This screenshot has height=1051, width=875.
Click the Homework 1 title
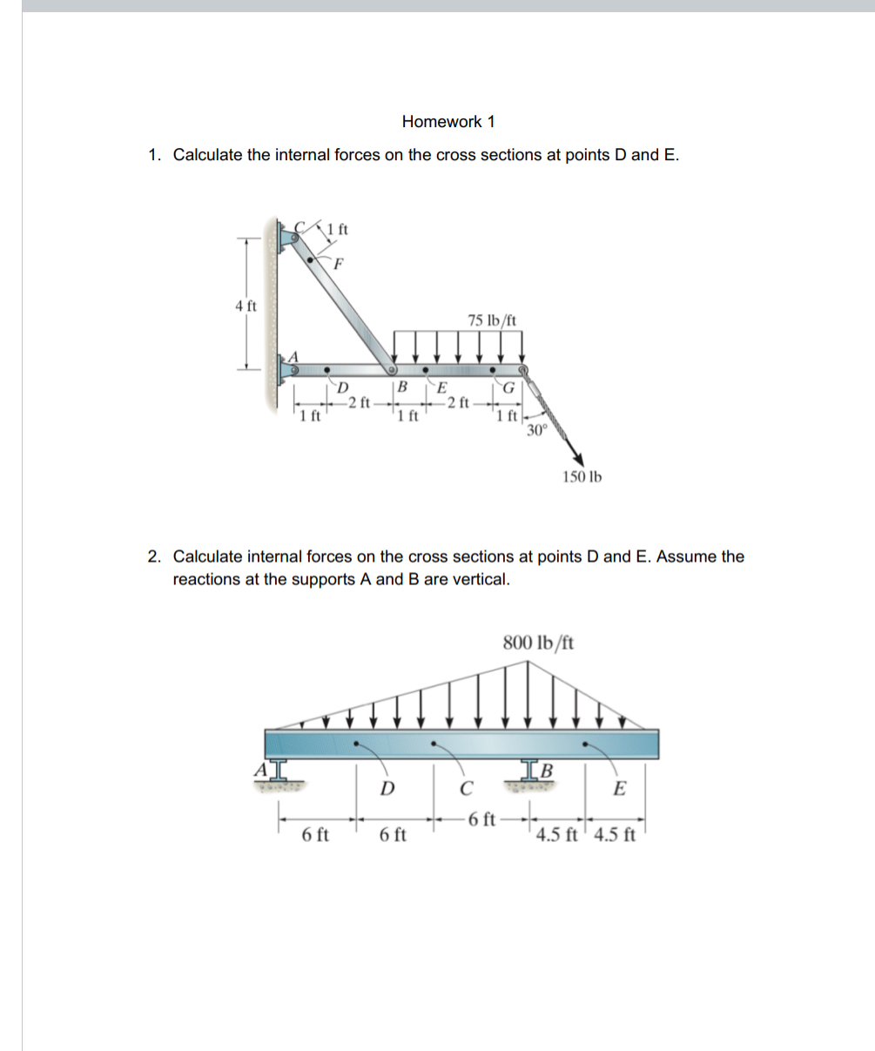point(448,122)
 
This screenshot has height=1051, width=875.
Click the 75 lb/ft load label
point(492,320)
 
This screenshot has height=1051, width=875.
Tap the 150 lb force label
point(582,476)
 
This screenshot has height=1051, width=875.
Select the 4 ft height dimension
point(246,306)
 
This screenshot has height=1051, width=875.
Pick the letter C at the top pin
point(300,225)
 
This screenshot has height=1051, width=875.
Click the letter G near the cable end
point(510,388)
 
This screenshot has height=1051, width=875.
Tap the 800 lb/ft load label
point(538,643)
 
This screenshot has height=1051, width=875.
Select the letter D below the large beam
point(387,790)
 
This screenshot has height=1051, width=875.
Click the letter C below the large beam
point(466,790)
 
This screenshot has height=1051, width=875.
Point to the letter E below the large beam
point(619,790)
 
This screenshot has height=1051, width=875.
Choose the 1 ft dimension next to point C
point(337,231)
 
